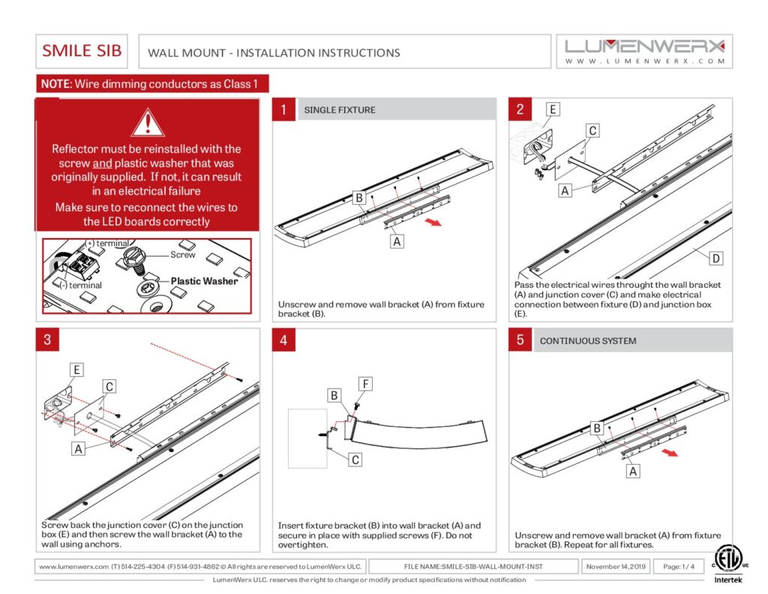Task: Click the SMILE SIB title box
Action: pos(82,51)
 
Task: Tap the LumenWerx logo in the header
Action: pos(645,51)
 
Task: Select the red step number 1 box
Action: pos(283,110)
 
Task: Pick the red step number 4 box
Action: pos(283,340)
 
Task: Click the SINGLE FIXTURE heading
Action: pos(340,110)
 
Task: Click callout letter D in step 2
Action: pos(715,258)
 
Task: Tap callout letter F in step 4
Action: pos(365,384)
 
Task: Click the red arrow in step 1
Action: pos(432,223)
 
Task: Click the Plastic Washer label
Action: pos(204,281)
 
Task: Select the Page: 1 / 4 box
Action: pos(678,566)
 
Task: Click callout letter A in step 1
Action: pos(397,241)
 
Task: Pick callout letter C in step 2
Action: pos(592,131)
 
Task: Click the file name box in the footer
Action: pos(483,566)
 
